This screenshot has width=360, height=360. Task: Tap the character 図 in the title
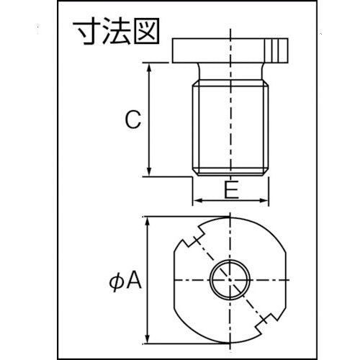pyautogui.click(x=143, y=32)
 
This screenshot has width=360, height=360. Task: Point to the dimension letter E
pyautogui.click(x=230, y=190)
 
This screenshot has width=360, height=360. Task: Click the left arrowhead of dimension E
pyautogui.click(x=195, y=201)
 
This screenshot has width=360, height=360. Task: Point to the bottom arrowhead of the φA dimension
pyautogui.click(x=149, y=338)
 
